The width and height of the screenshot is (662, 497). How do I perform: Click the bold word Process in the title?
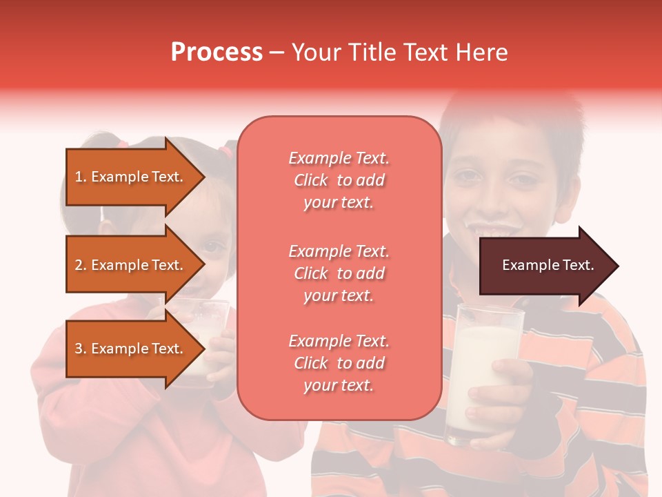point(217,52)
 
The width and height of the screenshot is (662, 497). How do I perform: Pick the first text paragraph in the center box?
point(339,180)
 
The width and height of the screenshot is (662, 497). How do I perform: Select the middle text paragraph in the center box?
point(339,273)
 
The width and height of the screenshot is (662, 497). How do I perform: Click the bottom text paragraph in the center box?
point(339,363)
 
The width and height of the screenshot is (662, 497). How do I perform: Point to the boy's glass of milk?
point(483,373)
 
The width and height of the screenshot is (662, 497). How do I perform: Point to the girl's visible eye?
point(216,246)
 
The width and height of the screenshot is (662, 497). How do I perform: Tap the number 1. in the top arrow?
point(81,177)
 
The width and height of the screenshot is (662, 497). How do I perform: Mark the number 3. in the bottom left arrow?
point(81,349)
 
